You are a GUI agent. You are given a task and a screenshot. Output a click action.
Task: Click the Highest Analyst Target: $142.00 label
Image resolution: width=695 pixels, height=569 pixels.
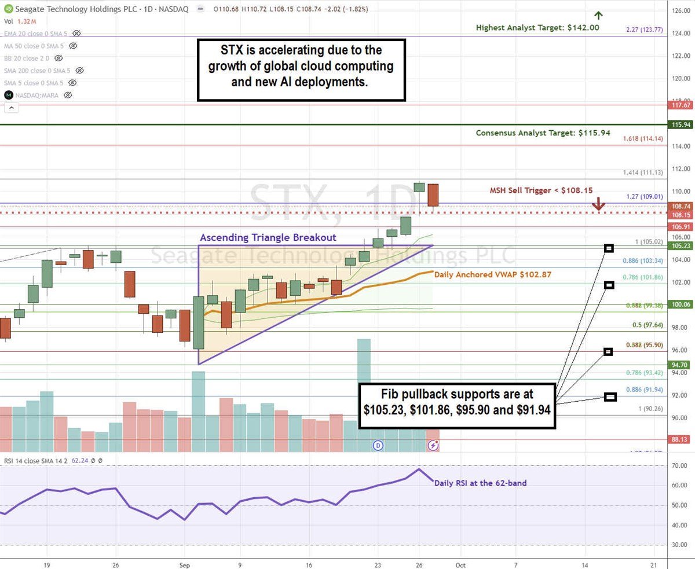tap(537, 27)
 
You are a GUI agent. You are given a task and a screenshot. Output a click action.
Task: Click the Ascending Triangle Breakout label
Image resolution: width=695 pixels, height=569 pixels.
tap(268, 237)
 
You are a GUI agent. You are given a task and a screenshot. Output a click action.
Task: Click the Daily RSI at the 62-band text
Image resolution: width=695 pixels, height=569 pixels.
tap(480, 482)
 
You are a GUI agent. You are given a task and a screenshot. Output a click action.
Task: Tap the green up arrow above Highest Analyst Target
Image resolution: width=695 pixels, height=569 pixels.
tap(598, 15)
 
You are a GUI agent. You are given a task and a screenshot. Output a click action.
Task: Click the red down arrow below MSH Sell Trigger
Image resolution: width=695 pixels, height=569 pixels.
tap(598, 204)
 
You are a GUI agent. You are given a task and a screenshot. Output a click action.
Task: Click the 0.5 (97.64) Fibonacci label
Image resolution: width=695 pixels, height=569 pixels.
tap(648, 325)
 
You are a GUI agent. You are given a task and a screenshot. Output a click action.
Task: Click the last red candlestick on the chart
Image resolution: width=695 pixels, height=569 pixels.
tap(433, 194)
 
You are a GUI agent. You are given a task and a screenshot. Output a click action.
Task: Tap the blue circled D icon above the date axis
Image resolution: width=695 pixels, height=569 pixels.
tap(378, 445)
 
